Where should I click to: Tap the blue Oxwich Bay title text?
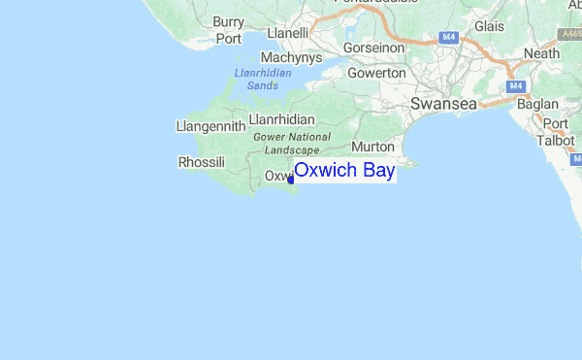[344, 171]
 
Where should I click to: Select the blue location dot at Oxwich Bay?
[291, 178]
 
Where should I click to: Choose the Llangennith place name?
[210, 126]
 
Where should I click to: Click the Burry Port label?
[229, 30]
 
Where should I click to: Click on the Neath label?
[542, 54]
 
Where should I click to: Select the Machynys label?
[283, 57]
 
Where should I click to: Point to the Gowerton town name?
[376, 73]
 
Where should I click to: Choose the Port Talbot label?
[556, 132]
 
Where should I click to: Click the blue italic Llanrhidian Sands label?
[263, 80]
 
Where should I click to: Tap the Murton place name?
[372, 146]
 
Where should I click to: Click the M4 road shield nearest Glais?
[448, 37]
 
